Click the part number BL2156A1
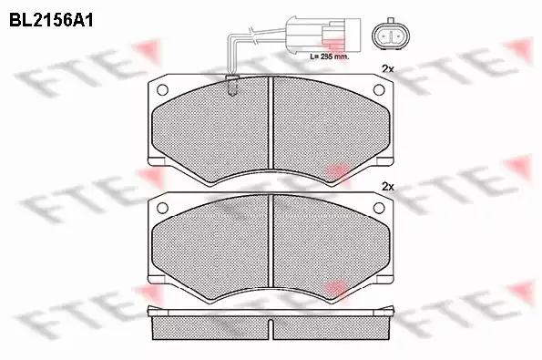[x=51, y=20]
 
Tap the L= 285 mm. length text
[x=330, y=57]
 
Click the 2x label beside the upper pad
[x=388, y=69]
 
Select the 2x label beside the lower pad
[x=388, y=187]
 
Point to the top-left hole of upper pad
[x=162, y=90]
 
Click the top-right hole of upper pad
[x=379, y=90]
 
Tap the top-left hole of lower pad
[x=162, y=208]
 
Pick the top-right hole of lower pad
[x=379, y=208]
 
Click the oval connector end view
[x=390, y=35]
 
